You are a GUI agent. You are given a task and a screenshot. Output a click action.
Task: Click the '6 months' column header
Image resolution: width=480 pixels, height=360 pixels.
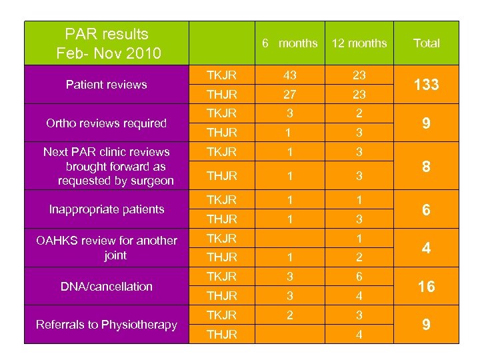pos(289,43)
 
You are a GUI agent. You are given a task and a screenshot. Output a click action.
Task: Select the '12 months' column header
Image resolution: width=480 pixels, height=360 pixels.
pos(359,43)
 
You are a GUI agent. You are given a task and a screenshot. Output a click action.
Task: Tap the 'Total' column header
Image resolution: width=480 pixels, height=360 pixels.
pos(426,43)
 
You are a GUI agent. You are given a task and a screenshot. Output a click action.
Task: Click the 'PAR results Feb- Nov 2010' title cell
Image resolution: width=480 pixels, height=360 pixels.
pos(107,43)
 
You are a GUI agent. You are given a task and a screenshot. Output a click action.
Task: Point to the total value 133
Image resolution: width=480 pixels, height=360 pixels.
pos(426,85)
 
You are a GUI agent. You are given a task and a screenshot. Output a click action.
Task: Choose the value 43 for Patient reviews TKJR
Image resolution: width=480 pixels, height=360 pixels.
pos(289,75)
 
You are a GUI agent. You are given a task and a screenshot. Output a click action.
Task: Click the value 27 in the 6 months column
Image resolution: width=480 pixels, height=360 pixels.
pos(289,95)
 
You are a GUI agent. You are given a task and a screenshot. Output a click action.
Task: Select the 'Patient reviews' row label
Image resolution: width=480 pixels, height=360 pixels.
pos(107,85)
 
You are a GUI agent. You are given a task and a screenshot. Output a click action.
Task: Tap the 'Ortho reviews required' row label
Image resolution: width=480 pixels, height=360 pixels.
pos(107,123)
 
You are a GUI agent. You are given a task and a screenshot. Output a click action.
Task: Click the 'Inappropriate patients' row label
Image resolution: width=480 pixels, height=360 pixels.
pos(107,209)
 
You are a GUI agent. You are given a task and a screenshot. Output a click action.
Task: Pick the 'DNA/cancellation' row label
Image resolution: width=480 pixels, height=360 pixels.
pos(107,287)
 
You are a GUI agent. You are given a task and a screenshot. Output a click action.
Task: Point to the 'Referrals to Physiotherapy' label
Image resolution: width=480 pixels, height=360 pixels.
pos(107,325)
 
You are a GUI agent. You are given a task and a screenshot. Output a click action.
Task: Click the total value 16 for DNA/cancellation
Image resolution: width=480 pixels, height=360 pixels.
pos(426,287)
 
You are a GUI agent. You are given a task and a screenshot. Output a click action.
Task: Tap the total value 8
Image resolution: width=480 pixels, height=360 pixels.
pos(426,167)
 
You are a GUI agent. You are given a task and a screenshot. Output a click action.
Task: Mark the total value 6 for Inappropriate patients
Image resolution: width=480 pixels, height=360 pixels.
pos(426,209)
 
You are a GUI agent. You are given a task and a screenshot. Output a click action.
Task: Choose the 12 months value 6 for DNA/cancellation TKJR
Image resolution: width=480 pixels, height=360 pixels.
pos(359,276)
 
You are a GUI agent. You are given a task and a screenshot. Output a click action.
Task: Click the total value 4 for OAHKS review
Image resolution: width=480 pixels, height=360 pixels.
pos(426,248)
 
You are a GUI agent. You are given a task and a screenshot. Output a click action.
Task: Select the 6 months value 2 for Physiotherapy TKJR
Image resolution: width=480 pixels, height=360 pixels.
pos(289,315)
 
